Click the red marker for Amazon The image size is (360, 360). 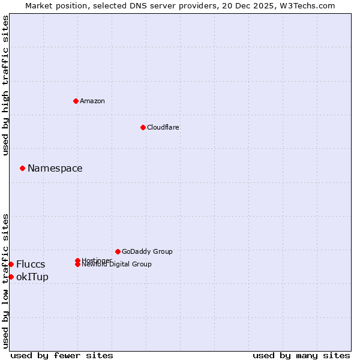point(76,101)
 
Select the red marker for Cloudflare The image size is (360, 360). point(143,127)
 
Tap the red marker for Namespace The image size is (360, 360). point(22,168)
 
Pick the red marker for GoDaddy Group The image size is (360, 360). point(118,251)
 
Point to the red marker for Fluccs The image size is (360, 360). point(11,264)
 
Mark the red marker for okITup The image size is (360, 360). point(11,277)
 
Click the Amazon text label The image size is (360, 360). point(92,101)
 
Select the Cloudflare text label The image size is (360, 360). point(163,127)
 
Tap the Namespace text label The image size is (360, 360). point(55,168)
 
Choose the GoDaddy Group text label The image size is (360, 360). point(147,251)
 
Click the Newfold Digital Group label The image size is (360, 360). point(117,265)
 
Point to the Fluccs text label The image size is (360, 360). point(31,264)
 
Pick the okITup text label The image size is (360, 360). point(32,277)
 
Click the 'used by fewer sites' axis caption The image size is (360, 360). point(62,355)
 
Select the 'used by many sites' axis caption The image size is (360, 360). point(301,355)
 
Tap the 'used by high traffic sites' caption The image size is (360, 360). point(6,85)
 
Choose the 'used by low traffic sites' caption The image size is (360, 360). point(6,281)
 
